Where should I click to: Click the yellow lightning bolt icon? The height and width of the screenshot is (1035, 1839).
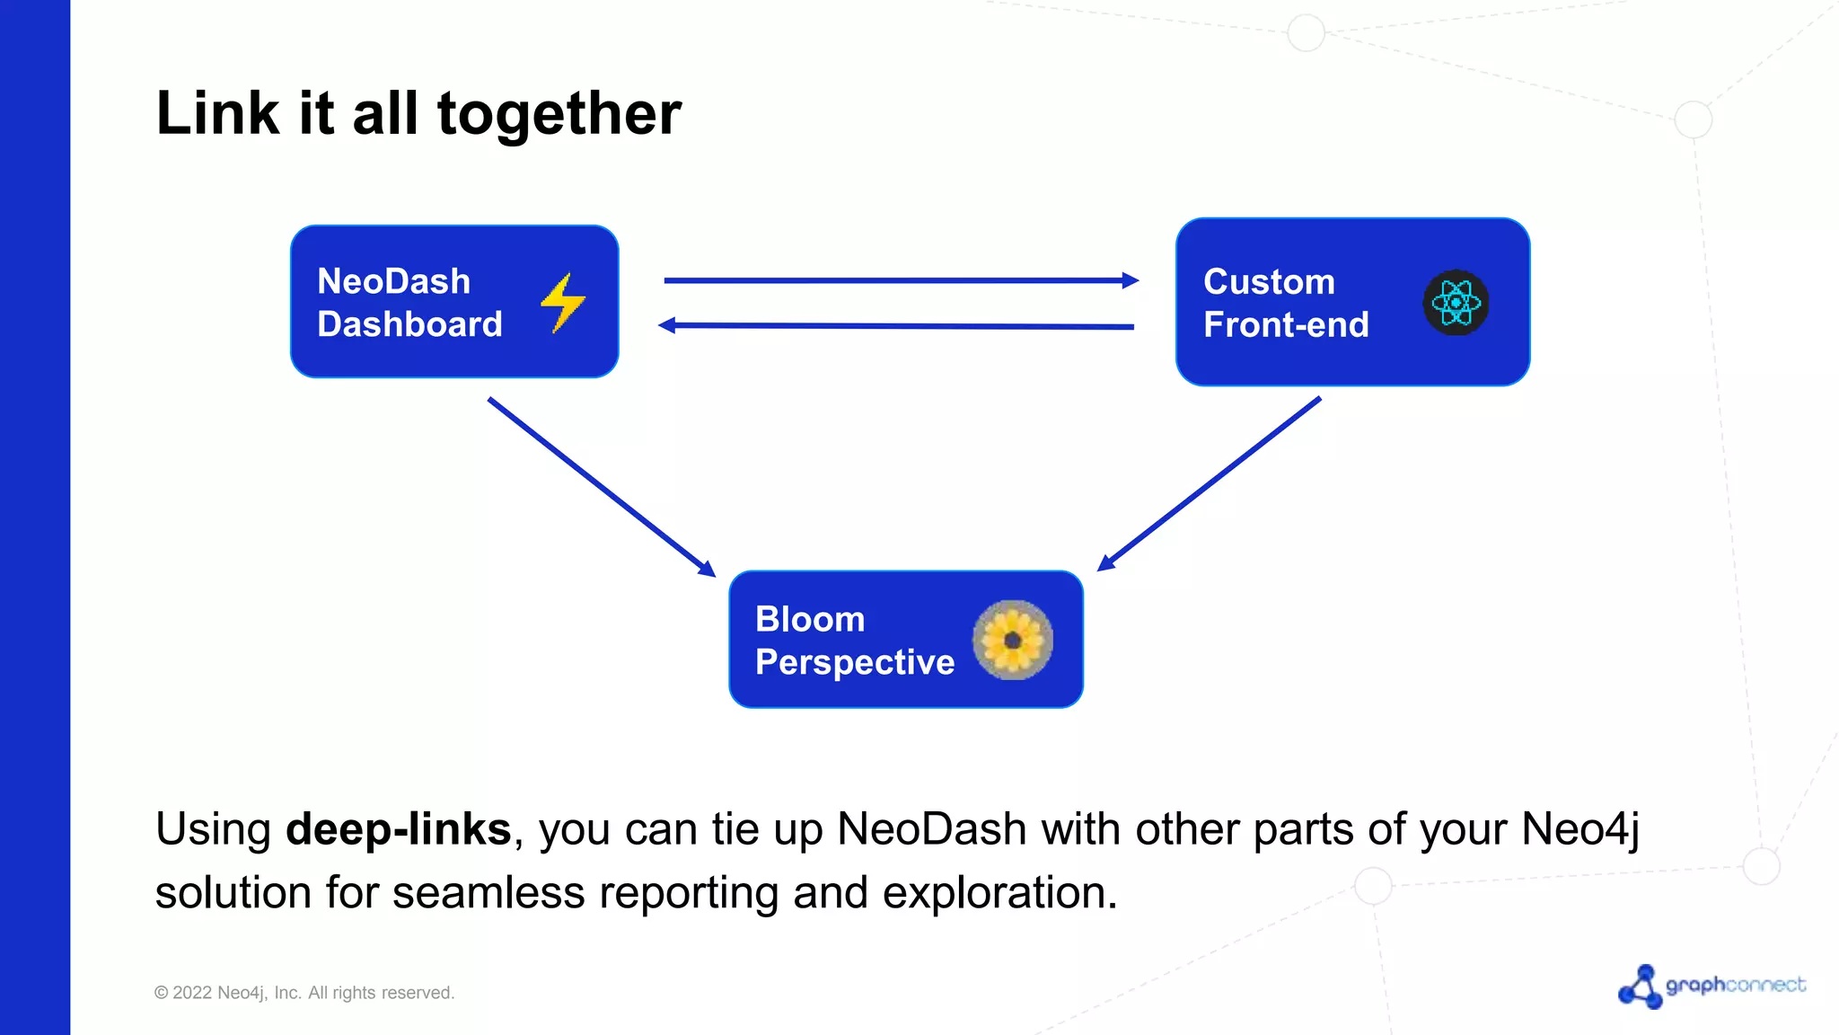(x=563, y=303)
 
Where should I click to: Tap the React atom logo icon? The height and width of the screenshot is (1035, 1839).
(x=1456, y=303)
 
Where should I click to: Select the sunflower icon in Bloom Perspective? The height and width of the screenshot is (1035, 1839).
(x=1012, y=640)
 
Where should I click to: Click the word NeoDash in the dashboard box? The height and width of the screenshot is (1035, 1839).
(x=393, y=281)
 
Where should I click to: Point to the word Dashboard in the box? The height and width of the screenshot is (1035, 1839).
(x=409, y=324)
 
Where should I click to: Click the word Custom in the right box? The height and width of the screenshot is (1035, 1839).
(x=1268, y=282)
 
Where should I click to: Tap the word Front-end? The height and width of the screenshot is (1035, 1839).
(x=1285, y=324)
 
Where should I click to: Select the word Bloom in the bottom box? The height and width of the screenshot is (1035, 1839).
(x=809, y=619)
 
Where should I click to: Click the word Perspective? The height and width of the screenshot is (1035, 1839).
(x=854, y=662)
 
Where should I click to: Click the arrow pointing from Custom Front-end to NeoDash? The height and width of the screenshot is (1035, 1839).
(x=898, y=326)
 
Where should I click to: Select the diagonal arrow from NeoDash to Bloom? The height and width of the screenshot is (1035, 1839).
(x=602, y=486)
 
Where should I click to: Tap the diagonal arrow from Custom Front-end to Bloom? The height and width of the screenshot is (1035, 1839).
(x=1210, y=483)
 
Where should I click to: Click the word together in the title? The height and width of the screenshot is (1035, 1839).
(x=559, y=114)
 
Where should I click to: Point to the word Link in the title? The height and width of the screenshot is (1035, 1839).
(x=217, y=113)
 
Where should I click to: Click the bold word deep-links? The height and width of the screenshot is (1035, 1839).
(x=398, y=828)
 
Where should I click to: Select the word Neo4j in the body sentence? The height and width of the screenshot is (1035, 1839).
(x=1579, y=828)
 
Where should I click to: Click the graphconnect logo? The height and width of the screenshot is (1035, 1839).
(x=1711, y=986)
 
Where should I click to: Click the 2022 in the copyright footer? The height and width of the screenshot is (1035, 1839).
(x=191, y=993)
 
